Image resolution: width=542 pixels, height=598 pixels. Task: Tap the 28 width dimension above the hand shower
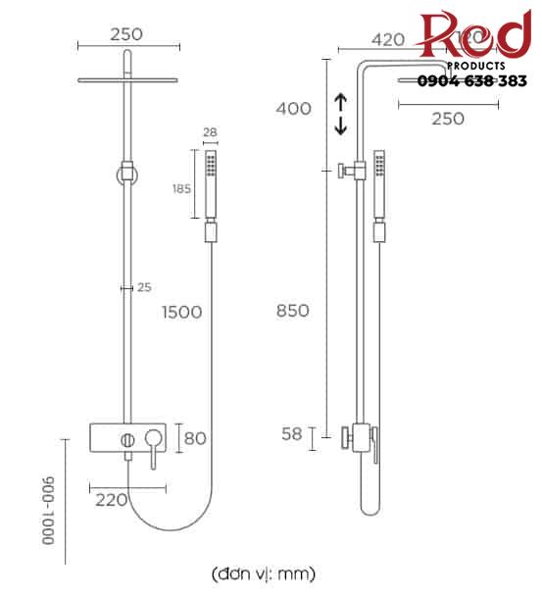pos(208,132)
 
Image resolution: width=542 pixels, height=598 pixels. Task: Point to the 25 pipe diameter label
pos(144,287)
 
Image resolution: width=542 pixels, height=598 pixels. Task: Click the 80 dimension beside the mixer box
pos(195,437)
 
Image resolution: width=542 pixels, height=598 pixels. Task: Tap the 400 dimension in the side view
pos(293,108)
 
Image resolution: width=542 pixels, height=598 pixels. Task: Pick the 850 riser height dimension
pos(293,311)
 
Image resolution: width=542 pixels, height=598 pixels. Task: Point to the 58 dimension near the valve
pos(293,435)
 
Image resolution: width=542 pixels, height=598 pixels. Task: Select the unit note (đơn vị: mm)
pos(264,572)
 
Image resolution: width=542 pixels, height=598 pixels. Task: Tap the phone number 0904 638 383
pos(472,81)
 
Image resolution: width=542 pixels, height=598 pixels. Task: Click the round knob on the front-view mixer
pos(127,437)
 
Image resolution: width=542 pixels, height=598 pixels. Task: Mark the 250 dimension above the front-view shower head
pos(126,34)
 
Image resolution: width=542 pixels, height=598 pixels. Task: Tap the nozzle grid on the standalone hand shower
pos(209,163)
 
